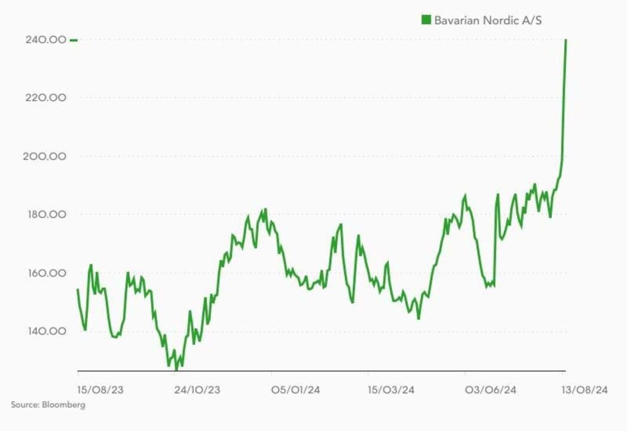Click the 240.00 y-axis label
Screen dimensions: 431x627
tap(45, 40)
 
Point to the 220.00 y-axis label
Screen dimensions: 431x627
tap(45, 98)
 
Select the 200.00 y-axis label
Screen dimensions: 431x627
tap(45, 157)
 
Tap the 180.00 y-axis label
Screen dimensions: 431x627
tap(45, 215)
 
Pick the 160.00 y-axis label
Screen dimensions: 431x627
tap(45, 273)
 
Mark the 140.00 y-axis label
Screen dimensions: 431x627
tap(45, 331)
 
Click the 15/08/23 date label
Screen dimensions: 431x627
tap(100, 390)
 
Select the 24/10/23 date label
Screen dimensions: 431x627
tap(197, 390)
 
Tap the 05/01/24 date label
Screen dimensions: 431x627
tap(295, 390)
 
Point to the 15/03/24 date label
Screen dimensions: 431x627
tap(392, 390)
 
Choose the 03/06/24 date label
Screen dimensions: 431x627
tap(490, 390)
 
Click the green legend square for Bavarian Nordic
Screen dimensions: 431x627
tap(426, 20)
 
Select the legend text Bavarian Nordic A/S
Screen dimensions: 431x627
tap(488, 20)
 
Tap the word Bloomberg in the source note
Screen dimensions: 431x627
tap(63, 405)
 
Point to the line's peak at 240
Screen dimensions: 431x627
tap(565, 40)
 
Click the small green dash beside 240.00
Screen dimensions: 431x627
tap(74, 40)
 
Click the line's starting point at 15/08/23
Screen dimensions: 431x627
tap(78, 290)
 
